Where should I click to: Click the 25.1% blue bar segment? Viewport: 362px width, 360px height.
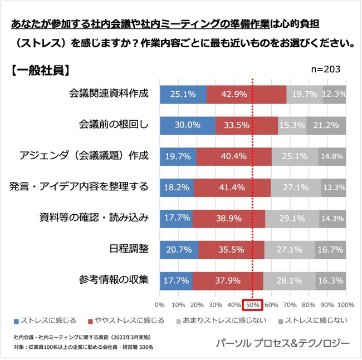tap(183, 94)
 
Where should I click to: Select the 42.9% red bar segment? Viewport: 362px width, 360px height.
tap(246, 94)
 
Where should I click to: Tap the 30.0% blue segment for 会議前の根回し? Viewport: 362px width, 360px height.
tap(187, 125)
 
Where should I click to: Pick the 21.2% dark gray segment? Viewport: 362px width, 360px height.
tap(326, 125)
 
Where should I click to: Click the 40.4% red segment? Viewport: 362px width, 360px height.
tap(234, 156)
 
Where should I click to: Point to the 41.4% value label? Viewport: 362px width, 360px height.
tap(233, 187)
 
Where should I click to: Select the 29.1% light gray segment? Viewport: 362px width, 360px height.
tap(292, 218)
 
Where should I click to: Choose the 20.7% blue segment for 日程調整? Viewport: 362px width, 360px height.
tap(179, 249)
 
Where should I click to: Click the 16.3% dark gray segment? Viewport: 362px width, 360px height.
tap(331, 280)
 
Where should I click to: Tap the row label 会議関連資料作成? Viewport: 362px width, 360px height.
tap(109, 93)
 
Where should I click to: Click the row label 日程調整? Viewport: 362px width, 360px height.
tap(129, 249)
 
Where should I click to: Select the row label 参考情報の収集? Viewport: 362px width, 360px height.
tap(114, 280)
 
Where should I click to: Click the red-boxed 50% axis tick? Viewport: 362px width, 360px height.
tap(253, 305)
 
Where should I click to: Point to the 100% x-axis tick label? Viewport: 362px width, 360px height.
tap(346, 305)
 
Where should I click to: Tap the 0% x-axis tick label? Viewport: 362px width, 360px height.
tap(159, 305)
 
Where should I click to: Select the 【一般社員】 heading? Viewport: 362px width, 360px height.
tap(41, 70)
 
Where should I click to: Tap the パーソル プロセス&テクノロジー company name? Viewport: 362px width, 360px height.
tap(282, 343)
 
